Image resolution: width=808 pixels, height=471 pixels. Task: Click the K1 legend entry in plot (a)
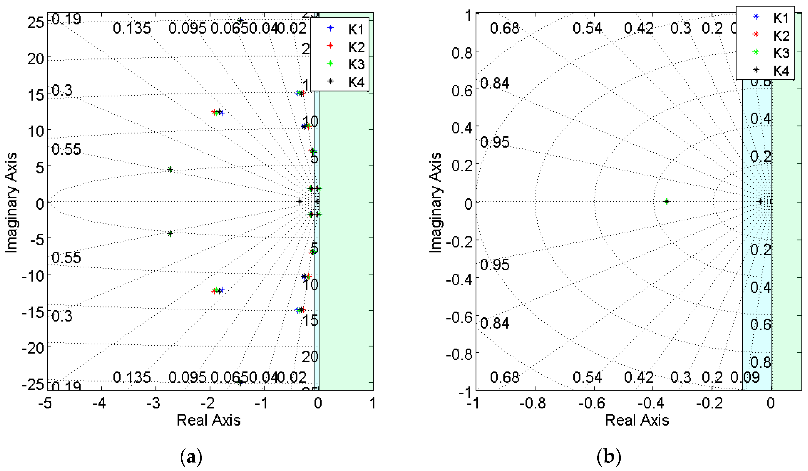coord(356,30)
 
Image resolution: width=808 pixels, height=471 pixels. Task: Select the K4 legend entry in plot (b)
coord(781,71)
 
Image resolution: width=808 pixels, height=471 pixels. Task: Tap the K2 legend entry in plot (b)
coord(781,36)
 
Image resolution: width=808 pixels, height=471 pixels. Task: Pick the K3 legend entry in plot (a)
coord(356,65)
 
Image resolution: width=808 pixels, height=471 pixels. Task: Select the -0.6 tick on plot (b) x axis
coord(592,403)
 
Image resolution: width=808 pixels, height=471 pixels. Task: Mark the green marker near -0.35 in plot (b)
coord(667,201)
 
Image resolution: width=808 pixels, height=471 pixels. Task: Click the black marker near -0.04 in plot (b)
coord(760,201)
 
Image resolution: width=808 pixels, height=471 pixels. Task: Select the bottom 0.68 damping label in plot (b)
coord(504,377)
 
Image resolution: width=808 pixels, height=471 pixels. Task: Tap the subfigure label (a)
coord(191,457)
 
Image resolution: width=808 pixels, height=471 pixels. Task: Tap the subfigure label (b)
coord(609,457)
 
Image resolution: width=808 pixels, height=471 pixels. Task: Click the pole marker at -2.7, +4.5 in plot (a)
coord(170,169)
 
